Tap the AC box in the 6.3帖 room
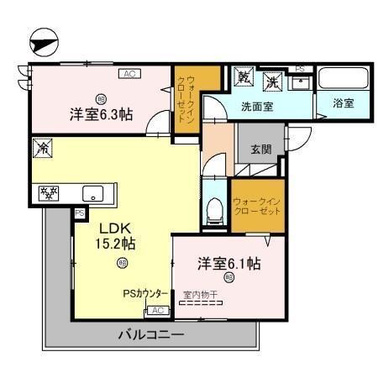point(129,74)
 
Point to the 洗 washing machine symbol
point(273,81)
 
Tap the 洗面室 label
point(257,107)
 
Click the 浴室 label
point(343,104)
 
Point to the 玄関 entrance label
point(260,150)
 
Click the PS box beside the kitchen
point(80,213)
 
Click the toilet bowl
point(214,208)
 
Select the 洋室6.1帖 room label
point(228,263)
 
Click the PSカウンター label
point(139,295)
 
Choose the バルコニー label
point(150,335)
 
